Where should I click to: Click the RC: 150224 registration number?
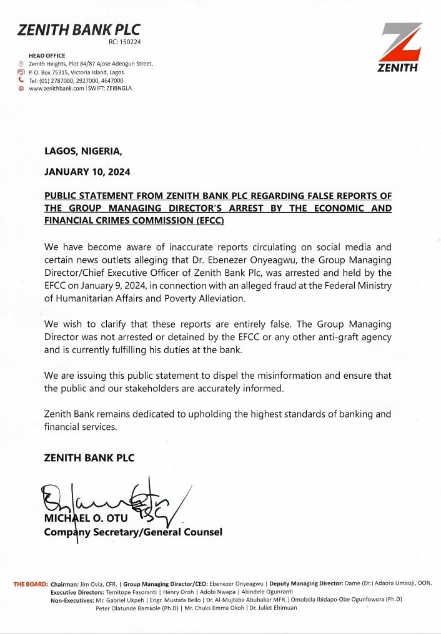[x=124, y=42]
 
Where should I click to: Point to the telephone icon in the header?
[x=21, y=80]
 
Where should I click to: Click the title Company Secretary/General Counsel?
[x=132, y=532]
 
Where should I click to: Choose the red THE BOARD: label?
[x=31, y=583]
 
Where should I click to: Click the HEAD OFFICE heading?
[x=47, y=56]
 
